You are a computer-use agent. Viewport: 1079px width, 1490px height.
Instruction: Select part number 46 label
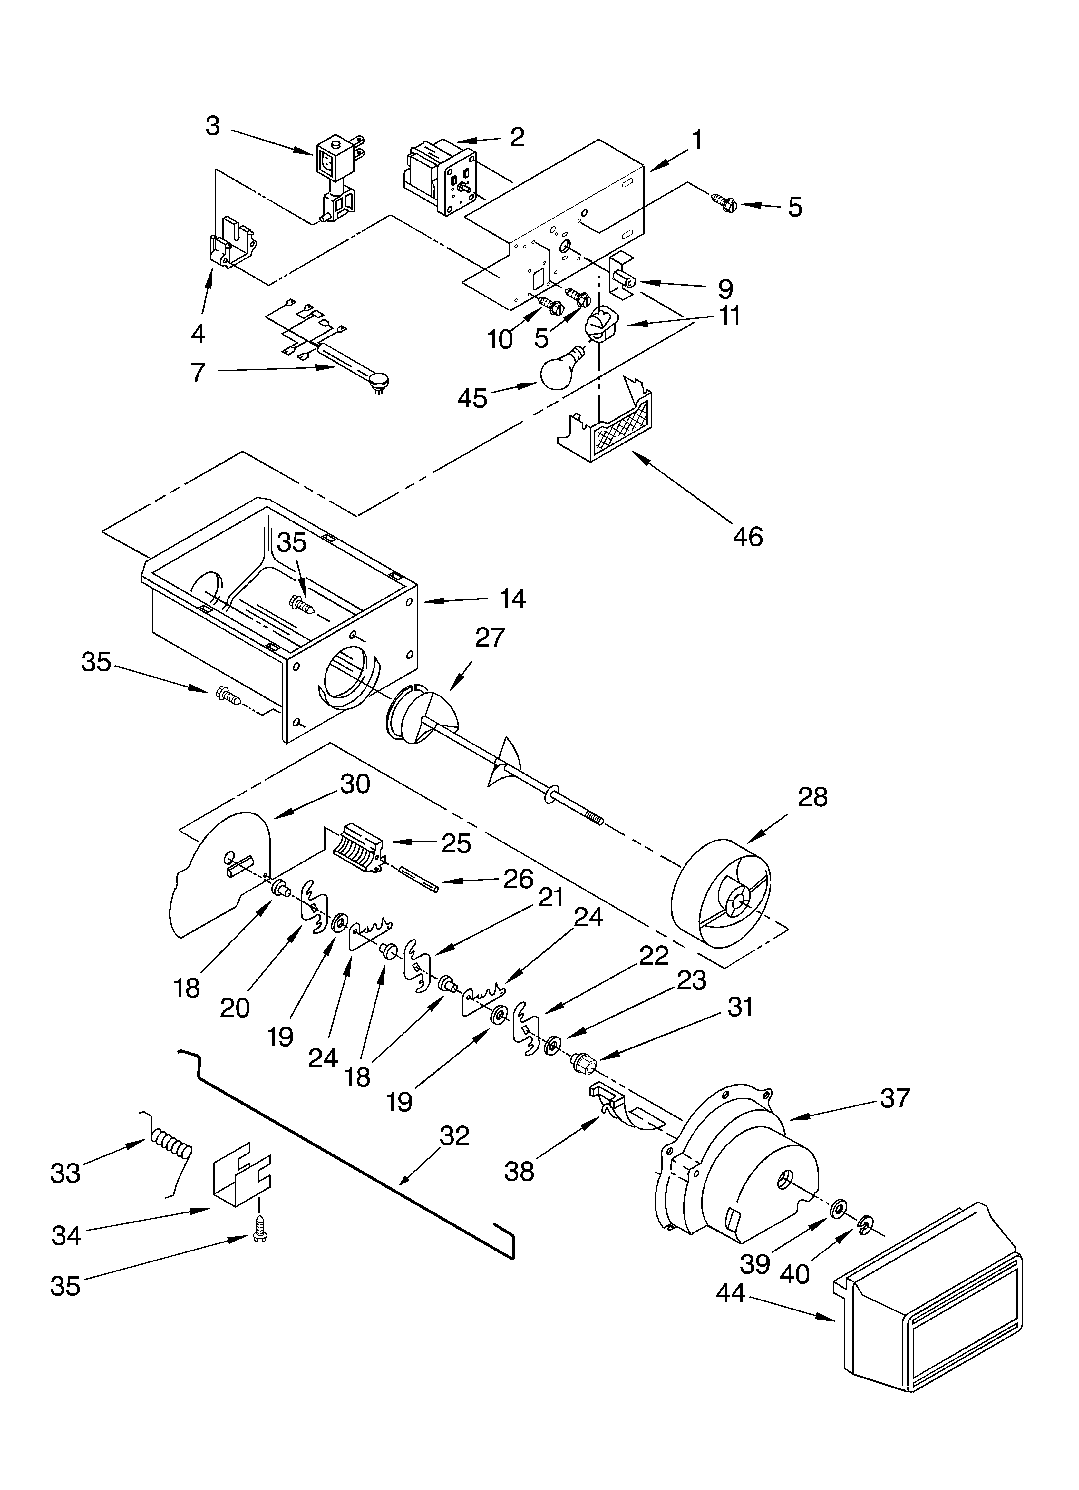(x=748, y=537)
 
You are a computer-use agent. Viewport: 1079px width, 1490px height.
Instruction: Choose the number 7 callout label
(x=198, y=373)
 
